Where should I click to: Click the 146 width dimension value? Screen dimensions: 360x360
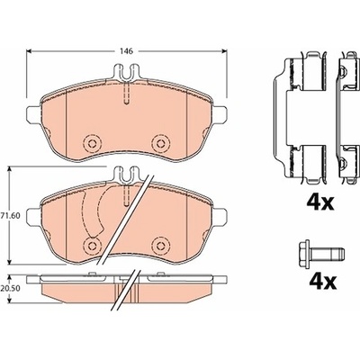pos(127,51)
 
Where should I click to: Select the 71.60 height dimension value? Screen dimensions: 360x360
pos(12,215)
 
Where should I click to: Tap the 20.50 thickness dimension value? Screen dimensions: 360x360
pos(12,288)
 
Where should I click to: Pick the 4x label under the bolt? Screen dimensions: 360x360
pos(323,280)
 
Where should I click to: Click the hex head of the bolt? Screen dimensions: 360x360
pos(305,255)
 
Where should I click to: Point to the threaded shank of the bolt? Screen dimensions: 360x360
pos(328,255)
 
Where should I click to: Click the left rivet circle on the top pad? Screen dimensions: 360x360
pos(91,143)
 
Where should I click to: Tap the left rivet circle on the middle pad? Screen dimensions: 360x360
pos(91,245)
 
